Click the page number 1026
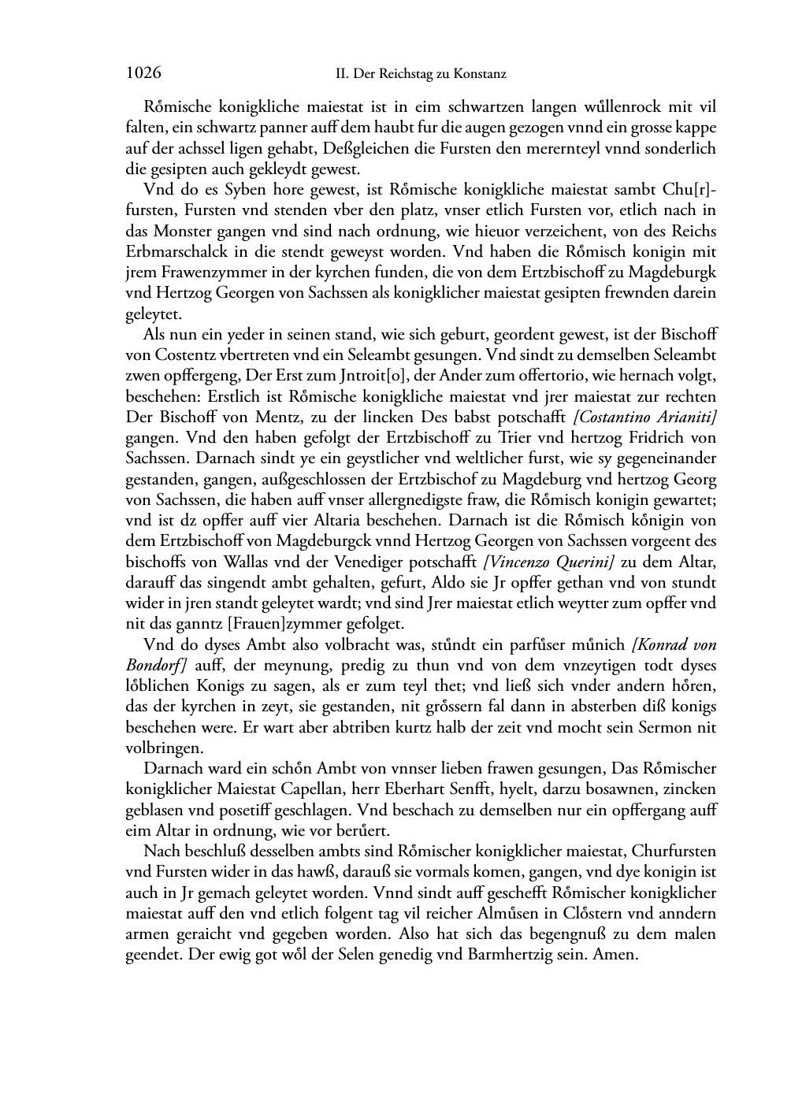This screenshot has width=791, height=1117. point(143,73)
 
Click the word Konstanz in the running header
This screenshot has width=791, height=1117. point(480,74)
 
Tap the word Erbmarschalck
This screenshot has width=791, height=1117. point(165,251)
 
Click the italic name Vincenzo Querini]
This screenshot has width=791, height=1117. point(549,562)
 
